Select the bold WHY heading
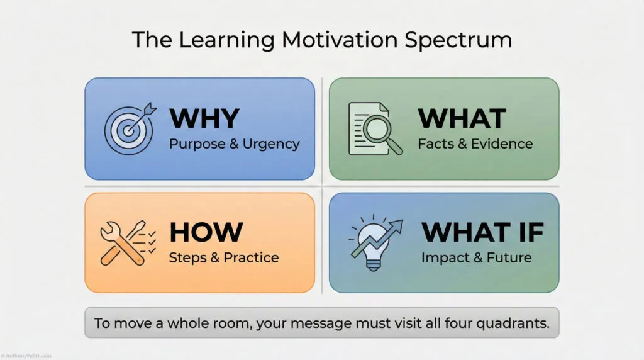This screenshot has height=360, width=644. [204, 118]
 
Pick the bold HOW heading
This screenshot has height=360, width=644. [206, 232]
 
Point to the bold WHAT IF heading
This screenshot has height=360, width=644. [482, 232]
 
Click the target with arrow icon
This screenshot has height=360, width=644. [129, 128]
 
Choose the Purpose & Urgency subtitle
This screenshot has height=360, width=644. [234, 143]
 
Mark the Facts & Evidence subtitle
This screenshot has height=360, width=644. [475, 143]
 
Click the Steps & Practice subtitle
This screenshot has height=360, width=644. [223, 257]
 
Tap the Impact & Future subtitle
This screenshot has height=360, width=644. [476, 257]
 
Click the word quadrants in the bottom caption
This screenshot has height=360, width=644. [516, 323]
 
